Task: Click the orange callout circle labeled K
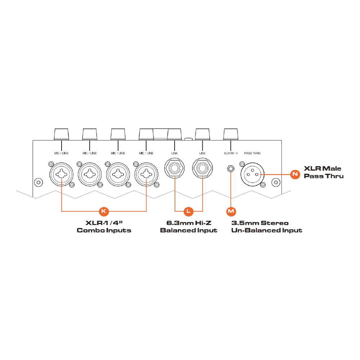(x=104, y=211)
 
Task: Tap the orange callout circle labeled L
(x=189, y=211)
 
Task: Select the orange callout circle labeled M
(x=231, y=211)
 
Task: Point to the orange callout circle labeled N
(x=295, y=174)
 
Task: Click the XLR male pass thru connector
(x=252, y=174)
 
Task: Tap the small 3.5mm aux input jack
(x=231, y=169)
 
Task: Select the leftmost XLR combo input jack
(x=61, y=174)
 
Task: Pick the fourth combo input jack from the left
(x=146, y=174)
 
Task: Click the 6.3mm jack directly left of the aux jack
(x=202, y=168)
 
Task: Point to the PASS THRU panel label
(x=252, y=153)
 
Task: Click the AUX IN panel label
(x=231, y=153)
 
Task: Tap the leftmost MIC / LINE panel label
(x=61, y=153)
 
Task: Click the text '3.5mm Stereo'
(x=260, y=223)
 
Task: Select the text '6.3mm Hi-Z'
(x=189, y=223)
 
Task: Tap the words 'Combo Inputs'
(x=104, y=230)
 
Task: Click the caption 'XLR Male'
(x=322, y=168)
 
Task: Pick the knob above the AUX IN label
(x=231, y=134)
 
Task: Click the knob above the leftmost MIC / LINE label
(x=61, y=134)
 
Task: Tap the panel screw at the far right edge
(x=276, y=183)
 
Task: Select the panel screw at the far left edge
(x=39, y=183)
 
